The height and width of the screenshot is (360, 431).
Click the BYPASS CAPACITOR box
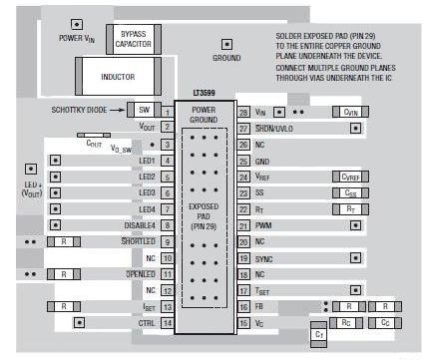tap(133, 39)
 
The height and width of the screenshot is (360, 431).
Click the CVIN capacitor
tap(350, 113)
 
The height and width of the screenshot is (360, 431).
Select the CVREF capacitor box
tap(348, 177)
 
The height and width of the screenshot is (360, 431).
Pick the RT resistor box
tap(349, 209)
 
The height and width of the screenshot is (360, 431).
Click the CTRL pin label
tap(147, 323)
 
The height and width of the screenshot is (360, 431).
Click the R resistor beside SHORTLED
tap(63, 241)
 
